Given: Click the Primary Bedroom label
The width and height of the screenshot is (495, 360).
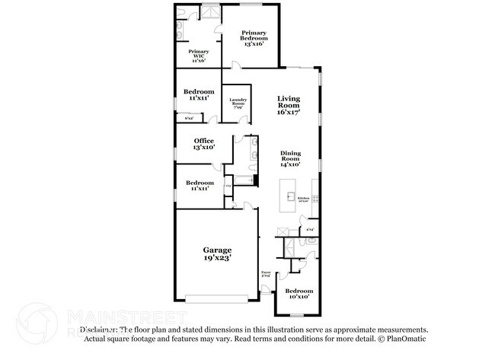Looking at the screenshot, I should pos(253,38).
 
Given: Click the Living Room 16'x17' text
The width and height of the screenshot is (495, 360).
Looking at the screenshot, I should pos(288,105).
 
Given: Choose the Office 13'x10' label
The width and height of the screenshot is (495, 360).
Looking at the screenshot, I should pos(203,143).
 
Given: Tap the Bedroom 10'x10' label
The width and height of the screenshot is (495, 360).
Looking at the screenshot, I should pos(299,295).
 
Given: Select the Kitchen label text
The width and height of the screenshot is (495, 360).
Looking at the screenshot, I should pos(303,199).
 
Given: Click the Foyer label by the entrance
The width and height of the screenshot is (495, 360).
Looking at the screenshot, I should pos(266,273).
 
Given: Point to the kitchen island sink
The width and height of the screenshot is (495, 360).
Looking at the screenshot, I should pos(290,196).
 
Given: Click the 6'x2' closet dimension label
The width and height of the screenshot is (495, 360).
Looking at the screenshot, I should pos(188,117).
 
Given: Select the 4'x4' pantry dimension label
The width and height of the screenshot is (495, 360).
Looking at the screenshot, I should pos(309,229).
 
